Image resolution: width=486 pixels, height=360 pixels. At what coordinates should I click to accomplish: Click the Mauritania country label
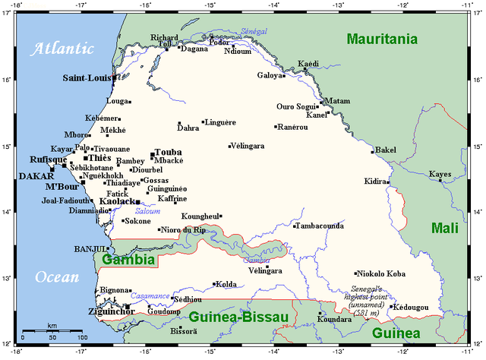(x=382, y=38)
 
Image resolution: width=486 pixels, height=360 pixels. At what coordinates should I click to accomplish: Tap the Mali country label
(x=446, y=227)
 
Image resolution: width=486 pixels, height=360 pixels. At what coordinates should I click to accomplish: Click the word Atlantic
(x=60, y=50)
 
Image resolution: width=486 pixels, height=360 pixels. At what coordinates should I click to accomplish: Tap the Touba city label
(x=168, y=152)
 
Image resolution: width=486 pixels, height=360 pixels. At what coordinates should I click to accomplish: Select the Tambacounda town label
(x=320, y=226)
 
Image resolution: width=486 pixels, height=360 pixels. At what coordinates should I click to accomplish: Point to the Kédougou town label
(x=421, y=306)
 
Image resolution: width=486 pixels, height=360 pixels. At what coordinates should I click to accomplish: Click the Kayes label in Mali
(x=440, y=174)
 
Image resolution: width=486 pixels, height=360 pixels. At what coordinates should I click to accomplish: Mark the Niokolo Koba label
(x=382, y=273)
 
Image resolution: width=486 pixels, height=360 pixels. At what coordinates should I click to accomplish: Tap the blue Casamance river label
(x=149, y=295)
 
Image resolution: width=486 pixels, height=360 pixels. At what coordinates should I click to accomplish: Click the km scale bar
(x=52, y=331)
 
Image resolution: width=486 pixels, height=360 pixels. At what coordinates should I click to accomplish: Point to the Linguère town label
(x=221, y=122)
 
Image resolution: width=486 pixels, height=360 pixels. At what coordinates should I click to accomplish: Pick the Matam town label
(x=338, y=101)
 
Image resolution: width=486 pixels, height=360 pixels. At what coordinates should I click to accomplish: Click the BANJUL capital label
(x=89, y=249)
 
